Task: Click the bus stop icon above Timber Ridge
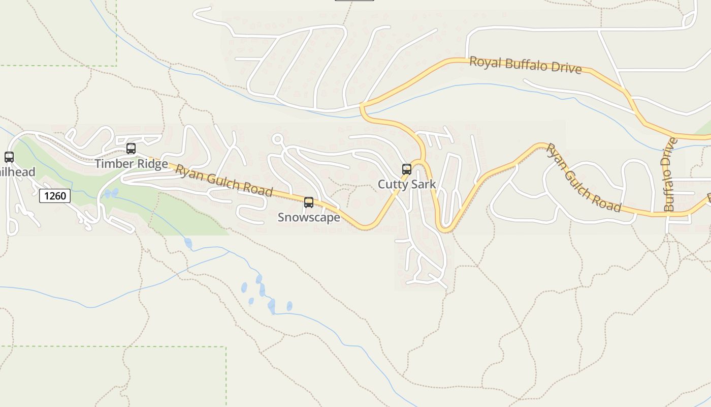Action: click(131, 149)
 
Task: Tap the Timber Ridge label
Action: click(131, 164)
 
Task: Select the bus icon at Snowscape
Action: click(309, 202)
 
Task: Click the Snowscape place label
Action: click(309, 218)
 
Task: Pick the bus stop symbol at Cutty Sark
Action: click(407, 169)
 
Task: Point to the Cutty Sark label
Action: click(407, 184)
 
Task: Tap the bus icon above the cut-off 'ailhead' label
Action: click(9, 157)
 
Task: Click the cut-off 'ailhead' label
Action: click(18, 172)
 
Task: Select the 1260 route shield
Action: click(55, 195)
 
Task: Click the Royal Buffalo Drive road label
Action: click(525, 65)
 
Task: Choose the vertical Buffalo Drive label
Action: click(670, 175)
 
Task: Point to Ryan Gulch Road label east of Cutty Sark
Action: click(583, 178)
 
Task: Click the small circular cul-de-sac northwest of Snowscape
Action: click(277, 139)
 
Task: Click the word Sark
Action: click(424, 184)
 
